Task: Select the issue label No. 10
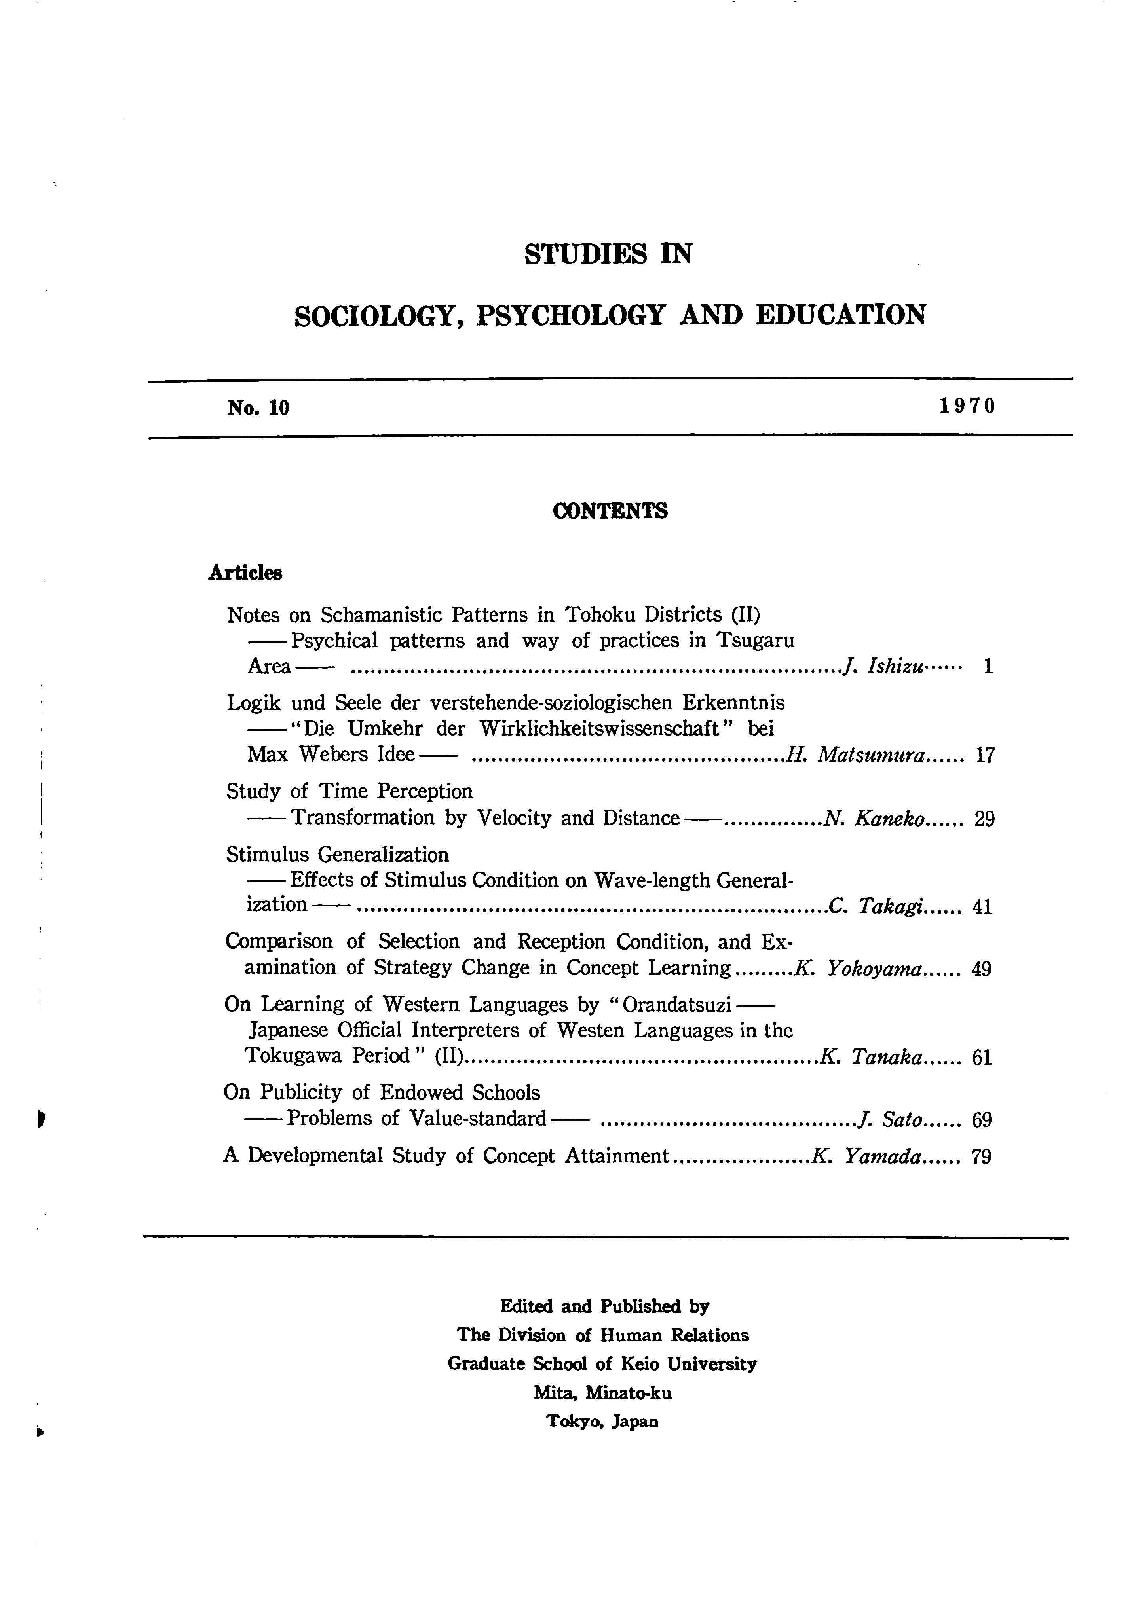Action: (258, 408)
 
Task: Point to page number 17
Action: (984, 755)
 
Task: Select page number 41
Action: (982, 907)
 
